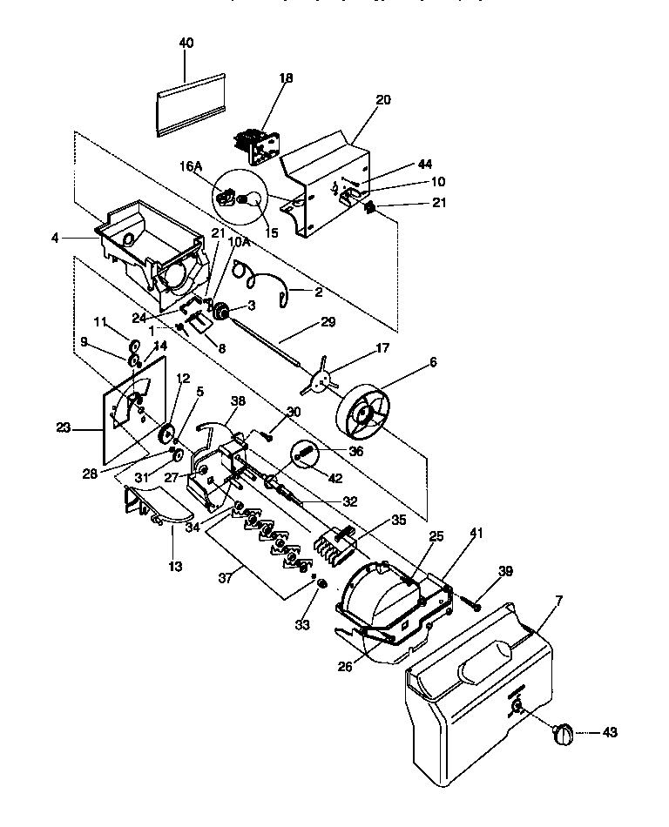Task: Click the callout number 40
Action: click(186, 43)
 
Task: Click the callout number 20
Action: click(383, 100)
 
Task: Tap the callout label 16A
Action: click(192, 165)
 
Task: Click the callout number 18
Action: click(286, 78)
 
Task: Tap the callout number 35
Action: click(399, 520)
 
